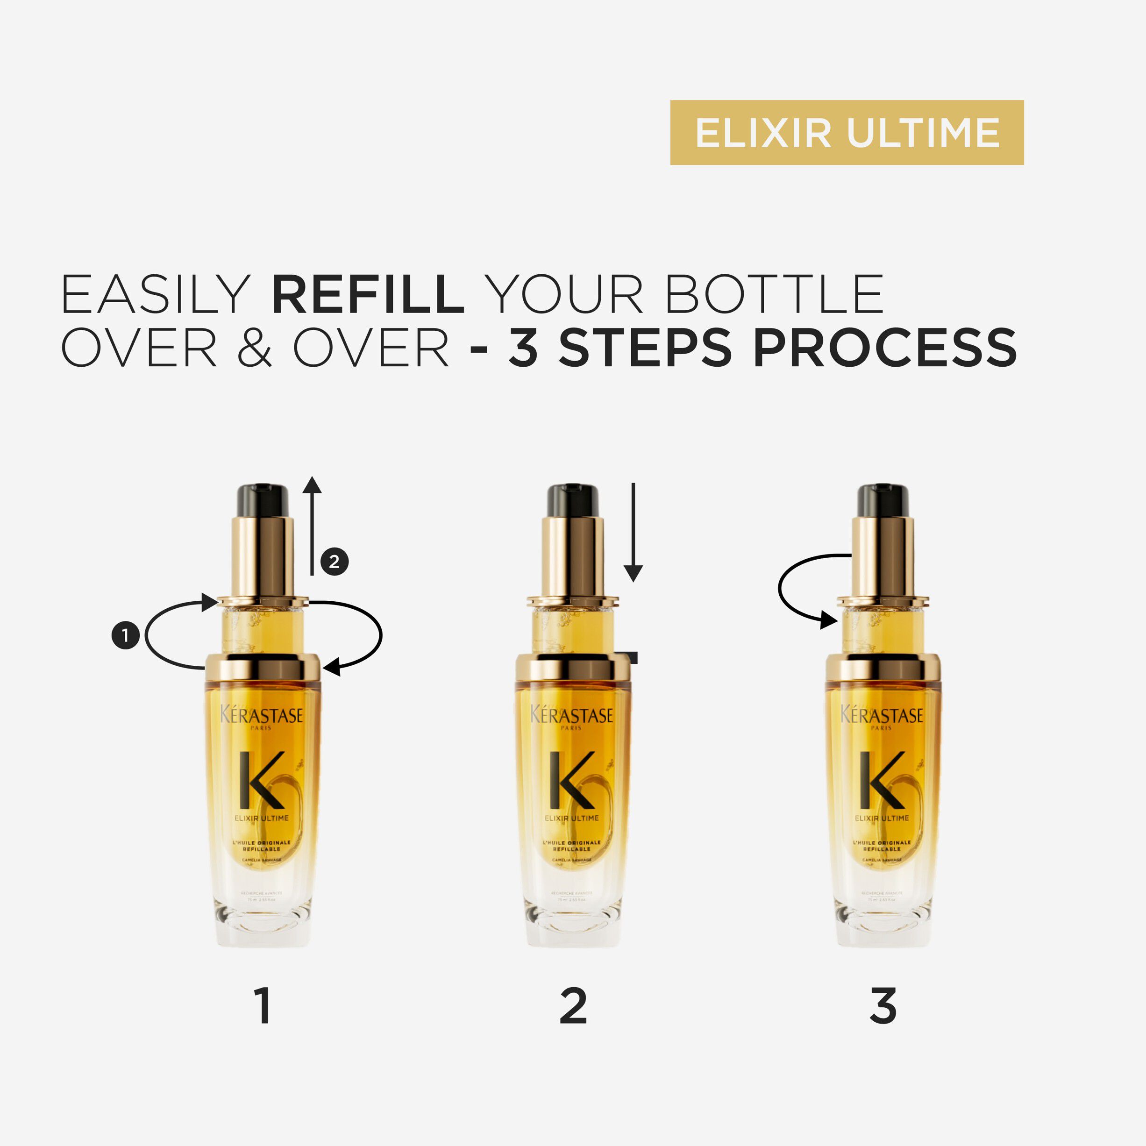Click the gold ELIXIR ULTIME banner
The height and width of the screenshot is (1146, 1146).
(847, 132)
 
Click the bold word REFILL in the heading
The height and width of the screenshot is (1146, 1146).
(368, 294)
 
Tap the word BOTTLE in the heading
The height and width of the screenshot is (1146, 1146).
(775, 294)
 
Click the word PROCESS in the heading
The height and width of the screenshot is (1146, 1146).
(885, 348)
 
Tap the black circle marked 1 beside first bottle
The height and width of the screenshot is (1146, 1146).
(125, 635)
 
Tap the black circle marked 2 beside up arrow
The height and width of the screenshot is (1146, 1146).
(335, 561)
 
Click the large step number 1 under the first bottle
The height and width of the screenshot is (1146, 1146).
(263, 1006)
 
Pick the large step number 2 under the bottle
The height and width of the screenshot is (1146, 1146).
(573, 1006)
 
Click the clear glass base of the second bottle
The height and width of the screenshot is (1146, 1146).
(572, 925)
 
